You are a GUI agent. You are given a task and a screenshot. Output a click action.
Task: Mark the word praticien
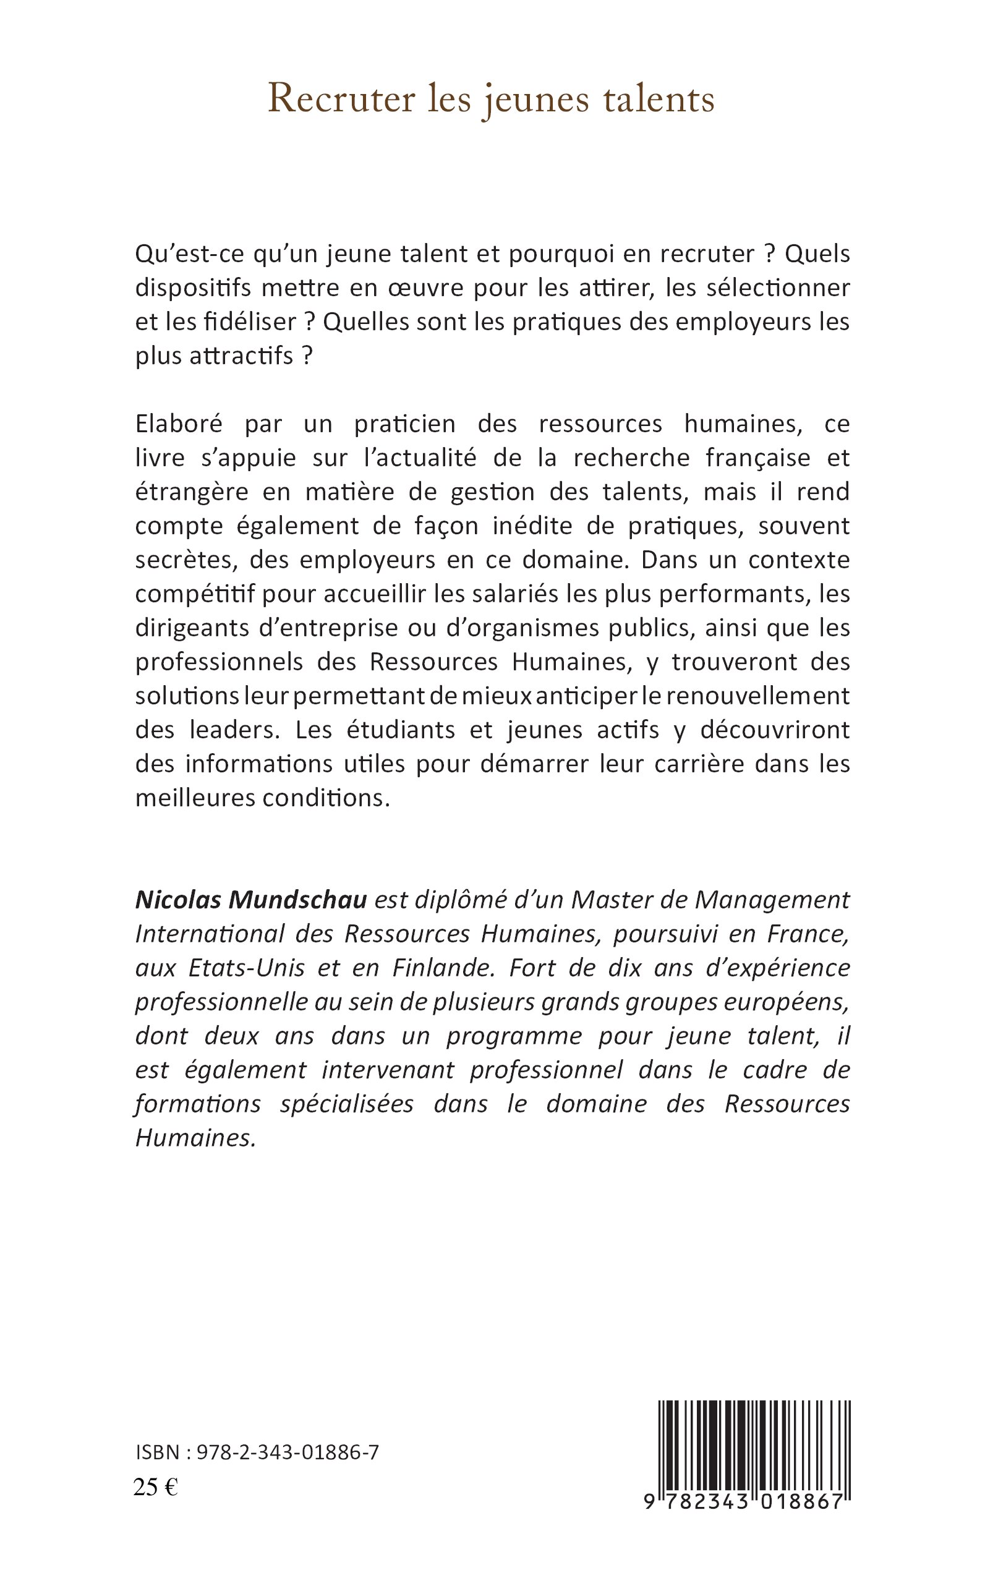(404, 424)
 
